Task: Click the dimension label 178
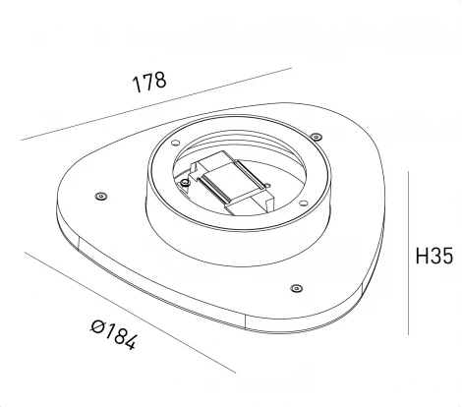coord(149,84)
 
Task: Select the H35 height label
coord(433,258)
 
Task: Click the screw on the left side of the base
coord(100,197)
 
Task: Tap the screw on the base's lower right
coord(296,288)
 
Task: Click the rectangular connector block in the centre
coord(234,184)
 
